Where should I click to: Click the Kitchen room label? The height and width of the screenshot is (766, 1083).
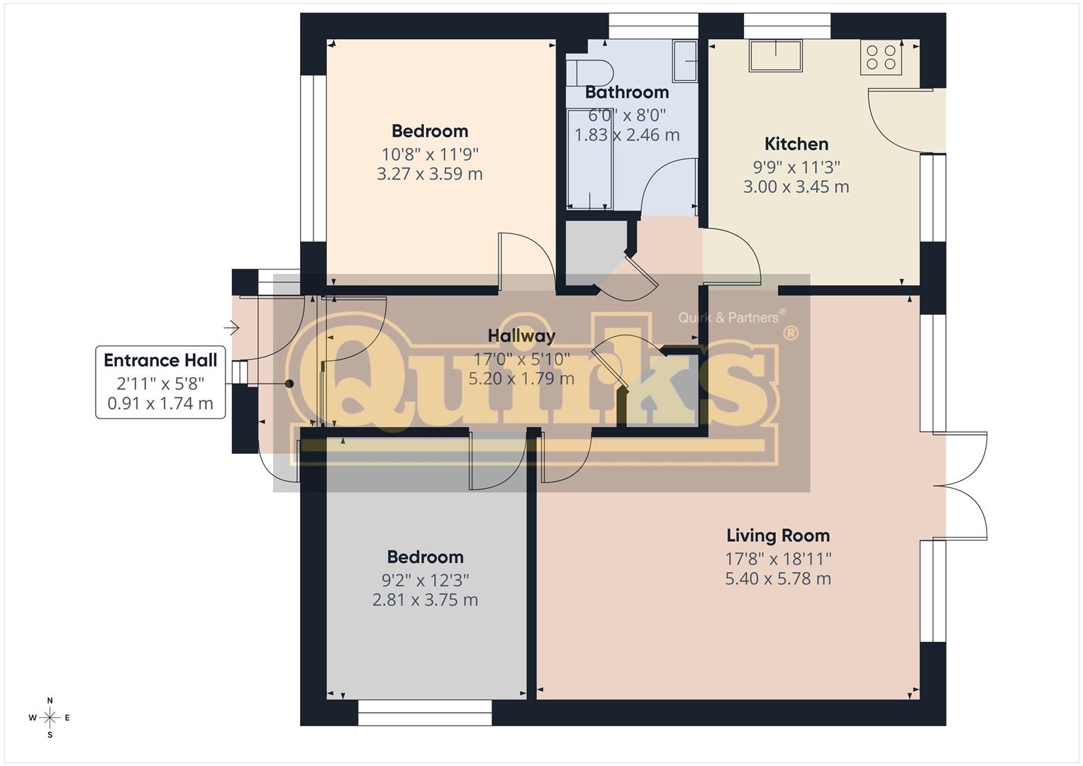(796, 144)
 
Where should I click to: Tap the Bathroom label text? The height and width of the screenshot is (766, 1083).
(627, 92)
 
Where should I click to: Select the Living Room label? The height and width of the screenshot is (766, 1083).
(778, 535)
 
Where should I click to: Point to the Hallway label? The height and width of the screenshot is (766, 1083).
(521, 335)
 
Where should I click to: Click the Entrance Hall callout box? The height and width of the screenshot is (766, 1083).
(160, 382)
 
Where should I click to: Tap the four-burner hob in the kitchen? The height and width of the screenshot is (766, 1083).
(881, 57)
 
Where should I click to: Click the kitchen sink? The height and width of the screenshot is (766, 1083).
(776, 55)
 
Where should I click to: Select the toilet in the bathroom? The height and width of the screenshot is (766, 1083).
(589, 73)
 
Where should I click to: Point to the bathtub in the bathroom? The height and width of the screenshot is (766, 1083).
(589, 160)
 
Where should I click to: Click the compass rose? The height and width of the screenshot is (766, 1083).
(50, 718)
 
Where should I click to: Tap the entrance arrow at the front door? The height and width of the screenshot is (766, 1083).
(232, 328)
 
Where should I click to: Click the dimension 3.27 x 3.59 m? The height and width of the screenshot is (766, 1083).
(429, 174)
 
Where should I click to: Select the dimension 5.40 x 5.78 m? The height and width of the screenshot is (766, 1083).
(778, 579)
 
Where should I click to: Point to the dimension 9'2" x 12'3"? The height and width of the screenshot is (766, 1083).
(425, 580)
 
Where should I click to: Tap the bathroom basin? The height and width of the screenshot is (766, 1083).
(684, 61)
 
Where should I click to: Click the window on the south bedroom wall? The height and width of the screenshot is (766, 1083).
(425, 712)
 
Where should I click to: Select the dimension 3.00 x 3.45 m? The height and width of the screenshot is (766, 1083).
(796, 187)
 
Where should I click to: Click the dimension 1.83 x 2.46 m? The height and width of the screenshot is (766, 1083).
(627, 135)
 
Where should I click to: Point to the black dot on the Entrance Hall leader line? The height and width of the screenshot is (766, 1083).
(289, 384)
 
